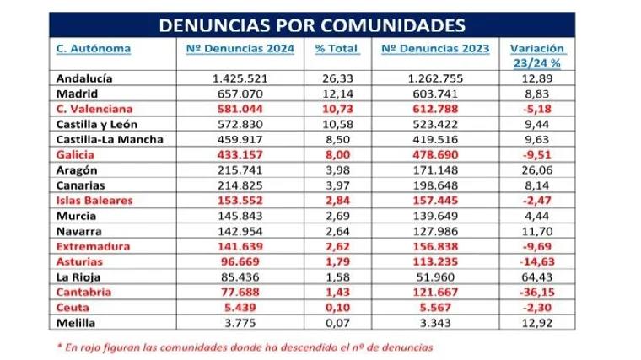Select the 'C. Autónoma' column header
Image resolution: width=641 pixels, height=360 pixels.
(93, 48)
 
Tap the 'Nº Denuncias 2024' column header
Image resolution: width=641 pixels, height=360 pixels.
(240, 48)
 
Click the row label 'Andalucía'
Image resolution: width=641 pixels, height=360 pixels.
(85, 78)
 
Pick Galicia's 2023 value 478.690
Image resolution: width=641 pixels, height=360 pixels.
(436, 156)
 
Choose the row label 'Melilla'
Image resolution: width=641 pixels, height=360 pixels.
(78, 323)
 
